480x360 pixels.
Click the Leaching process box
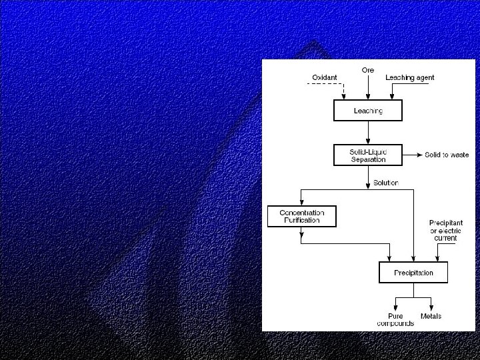pos(368,110)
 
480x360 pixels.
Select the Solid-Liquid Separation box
pos(368,155)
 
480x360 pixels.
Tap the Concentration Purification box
pos(301,216)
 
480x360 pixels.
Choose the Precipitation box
pos(413,272)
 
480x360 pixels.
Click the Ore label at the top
pos(368,70)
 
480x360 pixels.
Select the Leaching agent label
pos(410,78)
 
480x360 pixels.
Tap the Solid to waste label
pos(447,155)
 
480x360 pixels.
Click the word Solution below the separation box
pos(386,183)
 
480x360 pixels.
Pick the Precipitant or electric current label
pos(446,231)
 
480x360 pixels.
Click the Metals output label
pos(431,316)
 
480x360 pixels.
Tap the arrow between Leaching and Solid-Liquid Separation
pos(368,133)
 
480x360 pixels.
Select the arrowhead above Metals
pos(430,307)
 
